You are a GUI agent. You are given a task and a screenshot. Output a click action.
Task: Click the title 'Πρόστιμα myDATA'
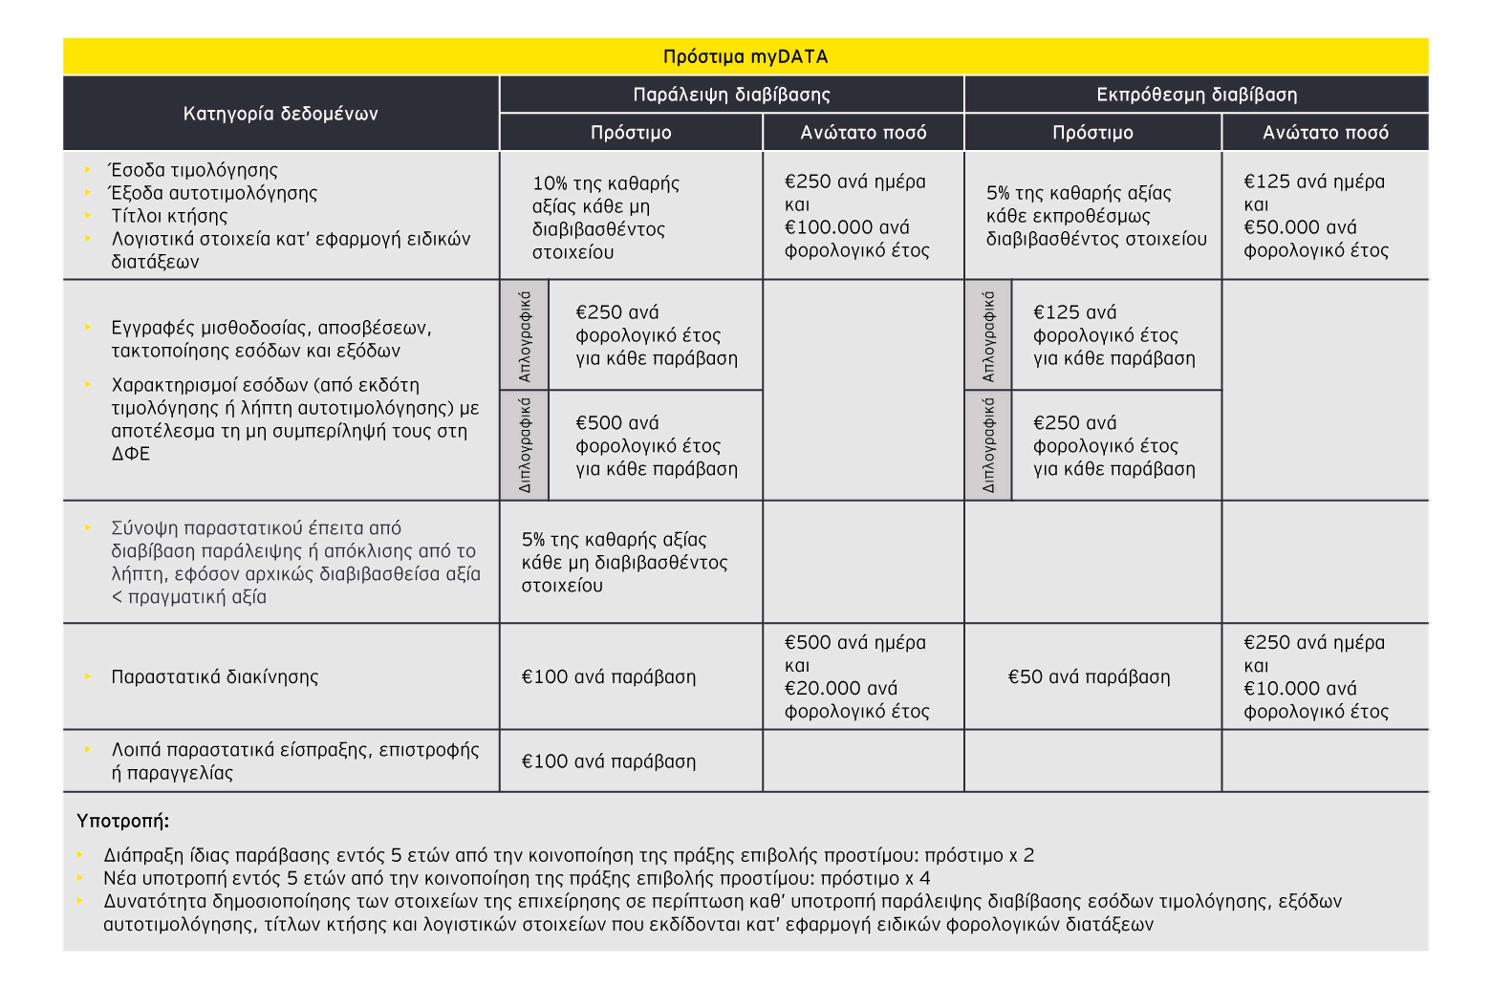pos(745,57)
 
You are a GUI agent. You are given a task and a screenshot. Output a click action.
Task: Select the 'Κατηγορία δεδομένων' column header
pos(280,113)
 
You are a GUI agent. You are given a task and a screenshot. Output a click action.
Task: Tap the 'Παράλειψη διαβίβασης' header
pos(732,94)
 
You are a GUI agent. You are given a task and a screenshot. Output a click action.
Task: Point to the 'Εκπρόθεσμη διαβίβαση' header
pos(1196,94)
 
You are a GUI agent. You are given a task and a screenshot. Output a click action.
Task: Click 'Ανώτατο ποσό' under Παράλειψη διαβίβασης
pos(863,132)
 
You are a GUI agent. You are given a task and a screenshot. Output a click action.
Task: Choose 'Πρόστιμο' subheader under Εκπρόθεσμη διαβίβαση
pos(1092,132)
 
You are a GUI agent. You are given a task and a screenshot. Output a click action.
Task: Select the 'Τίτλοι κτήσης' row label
pos(169,216)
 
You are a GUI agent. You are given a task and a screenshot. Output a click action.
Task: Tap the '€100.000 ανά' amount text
pos(846,227)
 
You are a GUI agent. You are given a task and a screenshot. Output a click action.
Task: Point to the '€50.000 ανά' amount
pos(1300,227)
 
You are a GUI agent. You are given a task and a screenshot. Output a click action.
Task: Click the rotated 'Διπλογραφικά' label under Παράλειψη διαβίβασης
pos(525,445)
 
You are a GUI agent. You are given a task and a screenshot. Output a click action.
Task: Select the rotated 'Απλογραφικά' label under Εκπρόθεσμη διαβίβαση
pos(988,336)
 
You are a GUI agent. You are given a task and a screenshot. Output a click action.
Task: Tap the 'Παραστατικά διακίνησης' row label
pos(214,677)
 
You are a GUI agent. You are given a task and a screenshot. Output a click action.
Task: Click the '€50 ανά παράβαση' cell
pos(1088,677)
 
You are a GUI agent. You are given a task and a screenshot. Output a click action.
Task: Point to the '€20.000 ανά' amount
pos(840,688)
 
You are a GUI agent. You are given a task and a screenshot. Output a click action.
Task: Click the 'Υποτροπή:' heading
pos(123,821)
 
